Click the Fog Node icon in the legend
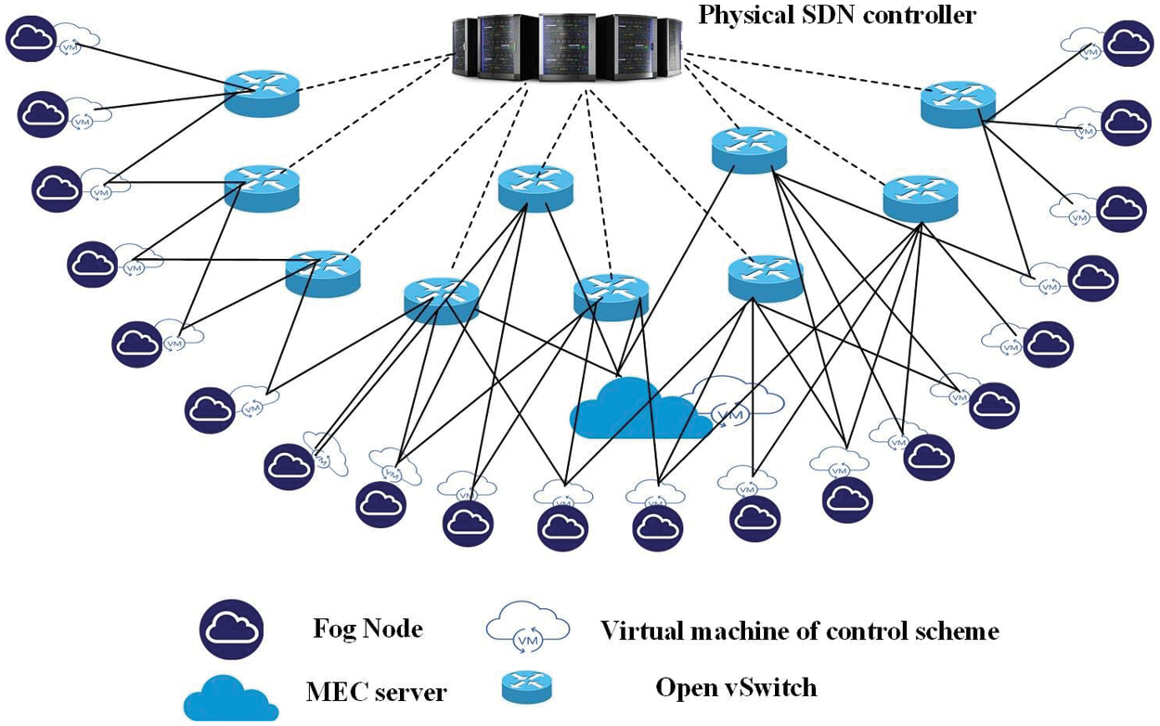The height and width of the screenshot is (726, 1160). point(230,630)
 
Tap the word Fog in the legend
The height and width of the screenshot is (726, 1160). point(335,629)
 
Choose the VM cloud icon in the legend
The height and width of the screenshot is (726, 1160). point(527,630)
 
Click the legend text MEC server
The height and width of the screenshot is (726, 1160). point(377,692)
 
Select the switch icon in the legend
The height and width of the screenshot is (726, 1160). point(527,688)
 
